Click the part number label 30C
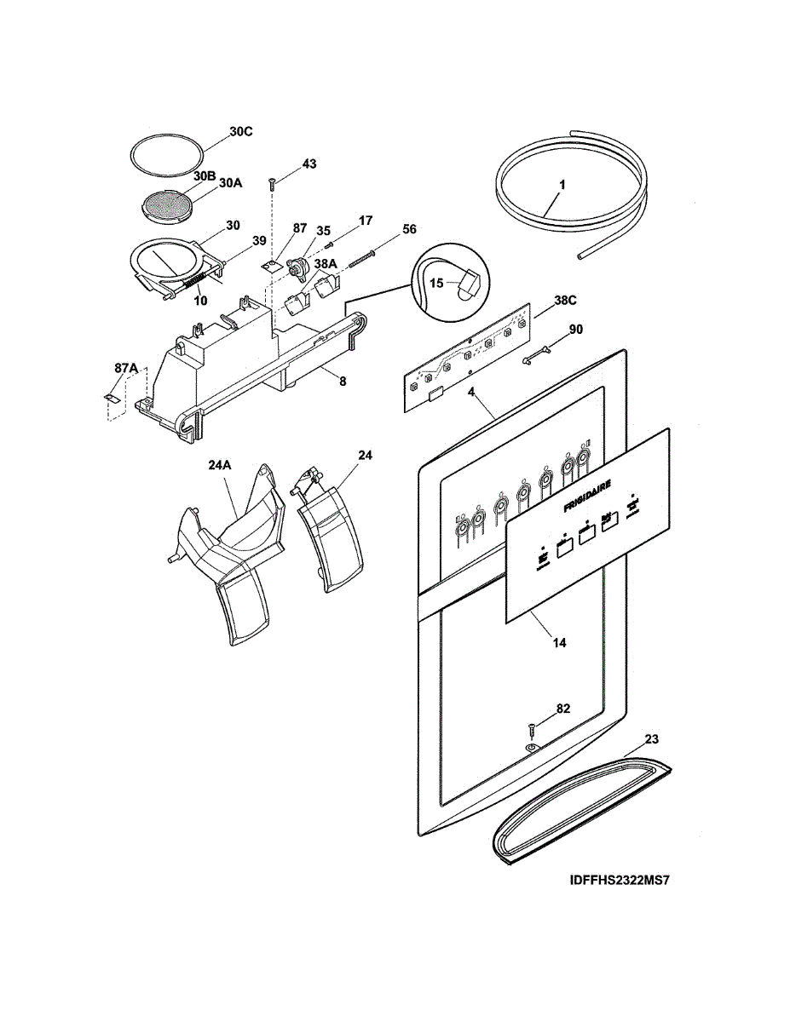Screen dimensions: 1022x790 pos(241,132)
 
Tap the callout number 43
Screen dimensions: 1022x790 pos(309,164)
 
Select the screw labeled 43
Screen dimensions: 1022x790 pos(272,181)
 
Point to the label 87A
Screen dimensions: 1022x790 pos(125,367)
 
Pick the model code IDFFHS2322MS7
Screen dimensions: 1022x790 pos(619,881)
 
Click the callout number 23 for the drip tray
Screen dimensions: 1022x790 pos(651,739)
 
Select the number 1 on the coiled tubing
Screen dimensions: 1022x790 pos(562,185)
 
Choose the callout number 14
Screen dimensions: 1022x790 pos(559,643)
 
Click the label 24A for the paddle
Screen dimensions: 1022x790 pos(219,466)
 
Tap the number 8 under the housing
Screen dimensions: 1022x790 pos(343,382)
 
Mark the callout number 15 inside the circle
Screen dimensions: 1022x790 pos(435,284)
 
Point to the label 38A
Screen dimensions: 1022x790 pos(326,264)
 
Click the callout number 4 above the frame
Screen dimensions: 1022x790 pos(470,394)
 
